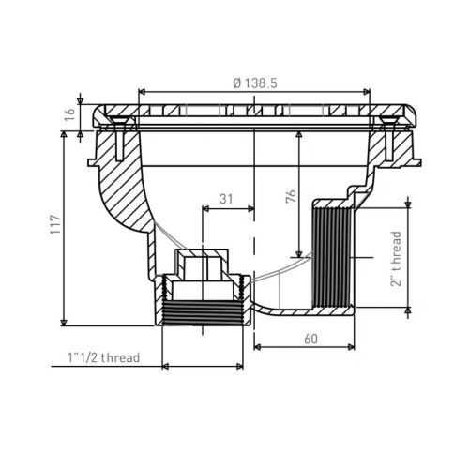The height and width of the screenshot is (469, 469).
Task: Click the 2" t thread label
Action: (x=398, y=259)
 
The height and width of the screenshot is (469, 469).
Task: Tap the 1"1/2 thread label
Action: (x=104, y=357)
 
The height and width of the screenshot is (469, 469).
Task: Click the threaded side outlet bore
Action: (x=329, y=254)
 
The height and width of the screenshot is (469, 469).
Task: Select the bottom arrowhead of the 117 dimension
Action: (x=65, y=320)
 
